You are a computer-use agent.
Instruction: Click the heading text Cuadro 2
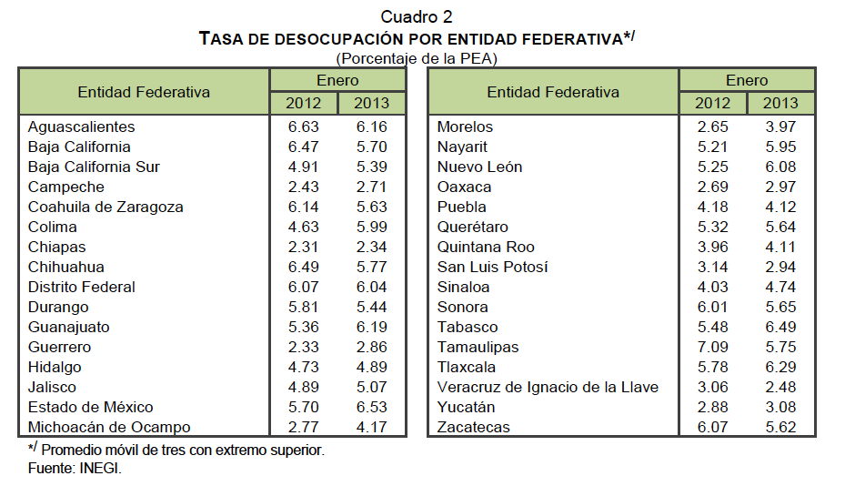[x=416, y=17]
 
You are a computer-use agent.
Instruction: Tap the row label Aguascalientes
[x=81, y=127]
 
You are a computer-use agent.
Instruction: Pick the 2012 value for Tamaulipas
[x=712, y=347]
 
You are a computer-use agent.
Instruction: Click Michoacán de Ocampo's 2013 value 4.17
[x=371, y=427]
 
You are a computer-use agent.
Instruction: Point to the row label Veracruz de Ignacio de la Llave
[x=548, y=387]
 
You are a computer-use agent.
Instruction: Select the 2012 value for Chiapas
[x=303, y=247]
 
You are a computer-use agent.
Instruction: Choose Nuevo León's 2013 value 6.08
[x=780, y=167]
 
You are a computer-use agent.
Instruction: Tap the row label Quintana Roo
[x=486, y=247]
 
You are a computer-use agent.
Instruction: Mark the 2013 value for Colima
[x=371, y=227]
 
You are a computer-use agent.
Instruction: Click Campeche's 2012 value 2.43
[x=303, y=187]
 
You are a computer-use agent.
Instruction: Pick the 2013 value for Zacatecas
[x=780, y=427]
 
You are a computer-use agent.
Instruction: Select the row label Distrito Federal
[x=82, y=287]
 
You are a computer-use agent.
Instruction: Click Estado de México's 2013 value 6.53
[x=371, y=407]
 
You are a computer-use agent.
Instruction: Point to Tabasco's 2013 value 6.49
[x=780, y=327]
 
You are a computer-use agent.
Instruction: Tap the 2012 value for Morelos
[x=712, y=127]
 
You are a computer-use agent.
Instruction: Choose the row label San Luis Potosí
[x=492, y=267]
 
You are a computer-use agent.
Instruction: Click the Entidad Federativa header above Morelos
[x=553, y=92]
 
